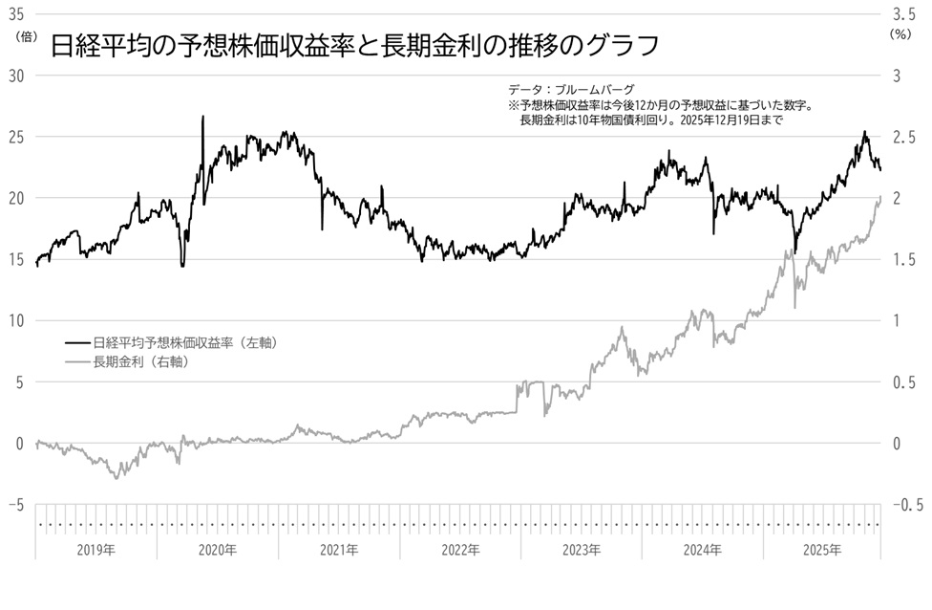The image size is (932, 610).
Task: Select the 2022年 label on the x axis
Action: click(x=460, y=550)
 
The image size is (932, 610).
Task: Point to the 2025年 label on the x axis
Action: click(x=821, y=550)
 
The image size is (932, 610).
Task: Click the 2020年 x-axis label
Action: click(x=218, y=550)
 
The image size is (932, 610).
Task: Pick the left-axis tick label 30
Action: click(x=15, y=76)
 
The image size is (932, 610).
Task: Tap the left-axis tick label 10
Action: click(x=15, y=320)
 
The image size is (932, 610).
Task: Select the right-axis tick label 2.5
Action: click(x=903, y=137)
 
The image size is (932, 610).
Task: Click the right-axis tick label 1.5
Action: click(x=903, y=259)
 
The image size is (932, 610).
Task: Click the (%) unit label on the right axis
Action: click(x=900, y=33)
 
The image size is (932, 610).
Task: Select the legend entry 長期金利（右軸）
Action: click(x=138, y=361)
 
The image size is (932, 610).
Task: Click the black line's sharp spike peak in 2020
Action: click(x=202, y=117)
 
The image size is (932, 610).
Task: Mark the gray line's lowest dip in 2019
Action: click(x=117, y=477)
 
